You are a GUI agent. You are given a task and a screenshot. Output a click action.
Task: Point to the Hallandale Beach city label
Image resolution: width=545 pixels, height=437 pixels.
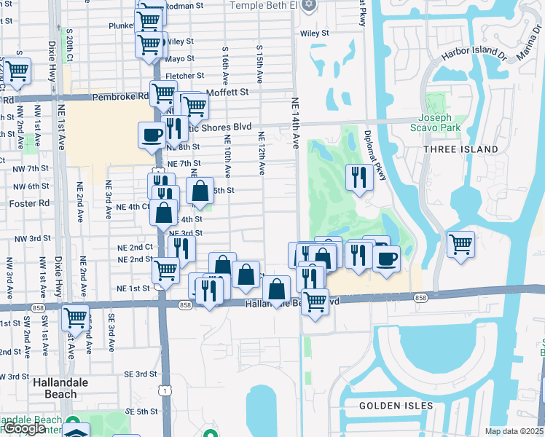coord(55,388)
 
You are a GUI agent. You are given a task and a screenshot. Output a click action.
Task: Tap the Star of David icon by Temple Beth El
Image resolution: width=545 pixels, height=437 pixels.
coord(309,5)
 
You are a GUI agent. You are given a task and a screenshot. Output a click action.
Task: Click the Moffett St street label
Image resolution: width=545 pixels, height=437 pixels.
coord(227,92)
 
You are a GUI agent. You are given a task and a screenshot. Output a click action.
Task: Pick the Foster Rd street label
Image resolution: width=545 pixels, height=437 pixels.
coord(15,203)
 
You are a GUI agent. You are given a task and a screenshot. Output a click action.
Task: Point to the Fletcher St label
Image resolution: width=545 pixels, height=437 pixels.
coord(184,76)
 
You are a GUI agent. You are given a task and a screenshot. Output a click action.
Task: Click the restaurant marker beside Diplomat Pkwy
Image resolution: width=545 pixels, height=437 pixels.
coord(358,177)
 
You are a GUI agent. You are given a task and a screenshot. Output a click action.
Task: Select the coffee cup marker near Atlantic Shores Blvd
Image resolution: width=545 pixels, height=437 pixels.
coord(152,135)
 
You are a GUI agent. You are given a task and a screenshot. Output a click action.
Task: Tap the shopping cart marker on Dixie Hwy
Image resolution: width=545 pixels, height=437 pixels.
coord(75,318)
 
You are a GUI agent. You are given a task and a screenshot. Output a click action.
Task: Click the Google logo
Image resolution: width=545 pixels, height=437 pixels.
coord(23,429)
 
